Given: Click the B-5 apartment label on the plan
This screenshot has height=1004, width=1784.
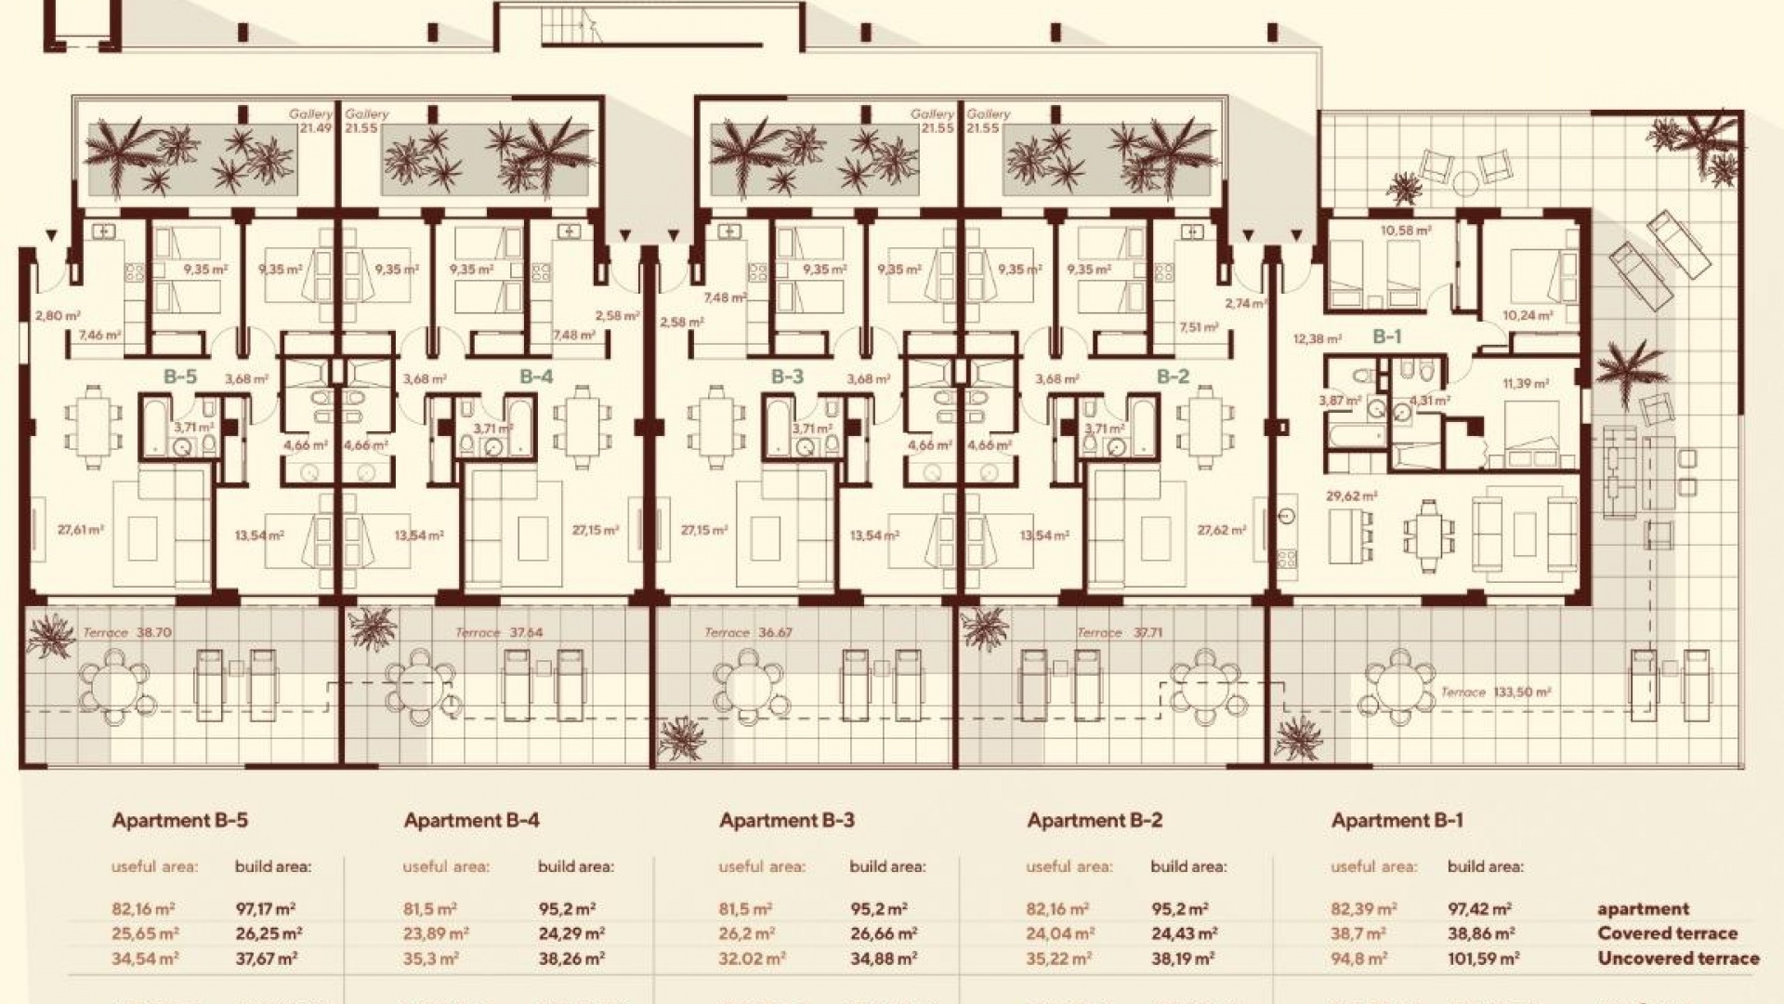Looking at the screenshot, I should click(180, 376).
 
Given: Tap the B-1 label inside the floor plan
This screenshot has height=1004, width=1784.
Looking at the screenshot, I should click(1386, 337).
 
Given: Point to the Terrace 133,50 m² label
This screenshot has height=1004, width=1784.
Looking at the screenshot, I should click(1496, 692).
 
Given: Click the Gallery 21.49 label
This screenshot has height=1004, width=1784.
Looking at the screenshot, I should click(310, 121).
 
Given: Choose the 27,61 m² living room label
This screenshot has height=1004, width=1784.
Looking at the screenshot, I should click(80, 530).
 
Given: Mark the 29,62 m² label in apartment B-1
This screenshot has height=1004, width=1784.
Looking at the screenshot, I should click(1351, 495).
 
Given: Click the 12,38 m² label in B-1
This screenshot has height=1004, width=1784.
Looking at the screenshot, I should click(1317, 339).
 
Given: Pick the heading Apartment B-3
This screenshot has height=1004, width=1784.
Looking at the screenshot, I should click(786, 820).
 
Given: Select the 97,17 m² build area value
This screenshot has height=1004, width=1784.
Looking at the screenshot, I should click(265, 908).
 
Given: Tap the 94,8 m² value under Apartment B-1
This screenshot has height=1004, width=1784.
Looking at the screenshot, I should click(1358, 958).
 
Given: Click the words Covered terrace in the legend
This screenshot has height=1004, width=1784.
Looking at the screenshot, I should click(1667, 933).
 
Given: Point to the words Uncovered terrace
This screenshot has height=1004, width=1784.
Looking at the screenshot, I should click(1678, 958).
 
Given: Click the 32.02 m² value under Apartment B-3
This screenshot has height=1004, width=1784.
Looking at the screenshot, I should click(752, 958).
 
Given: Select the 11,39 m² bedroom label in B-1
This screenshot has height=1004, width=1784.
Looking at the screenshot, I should click(1526, 383).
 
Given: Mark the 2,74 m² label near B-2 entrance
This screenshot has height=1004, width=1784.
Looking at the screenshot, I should click(1245, 303).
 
